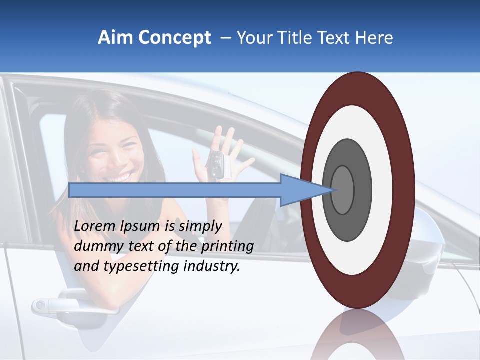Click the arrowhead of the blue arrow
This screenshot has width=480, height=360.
[x=305, y=190]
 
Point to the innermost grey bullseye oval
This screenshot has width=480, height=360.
[x=342, y=190]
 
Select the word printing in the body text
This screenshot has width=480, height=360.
[x=227, y=246]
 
